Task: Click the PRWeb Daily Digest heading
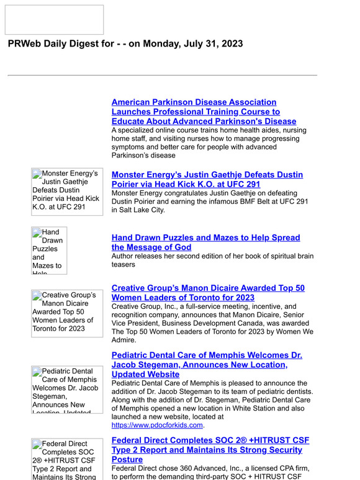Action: tap(125, 44)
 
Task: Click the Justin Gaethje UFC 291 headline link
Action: tap(207, 180)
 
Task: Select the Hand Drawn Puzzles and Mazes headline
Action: tap(205, 242)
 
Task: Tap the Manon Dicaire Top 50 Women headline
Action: tap(208, 293)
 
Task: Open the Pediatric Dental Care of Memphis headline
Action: tap(206, 365)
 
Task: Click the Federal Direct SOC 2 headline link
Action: tap(210, 450)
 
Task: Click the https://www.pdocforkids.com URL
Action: tap(157, 425)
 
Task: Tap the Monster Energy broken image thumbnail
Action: tap(67, 192)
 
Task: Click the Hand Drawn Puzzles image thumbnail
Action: tap(50, 251)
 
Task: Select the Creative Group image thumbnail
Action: tap(67, 313)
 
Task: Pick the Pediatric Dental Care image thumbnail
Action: tap(67, 389)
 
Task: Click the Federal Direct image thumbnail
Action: tap(67, 459)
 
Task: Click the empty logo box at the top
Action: tap(55, 20)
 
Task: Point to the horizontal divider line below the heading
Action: tap(162, 76)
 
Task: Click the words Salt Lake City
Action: tap(142, 210)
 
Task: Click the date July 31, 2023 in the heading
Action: tap(209, 44)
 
